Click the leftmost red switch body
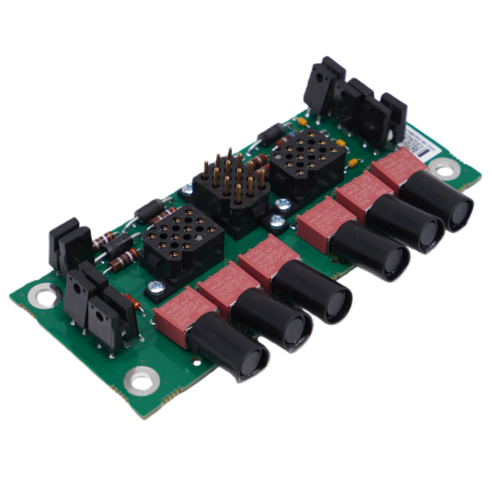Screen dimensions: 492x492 [x=174, y=313]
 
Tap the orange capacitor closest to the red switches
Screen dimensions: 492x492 [x=353, y=162]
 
